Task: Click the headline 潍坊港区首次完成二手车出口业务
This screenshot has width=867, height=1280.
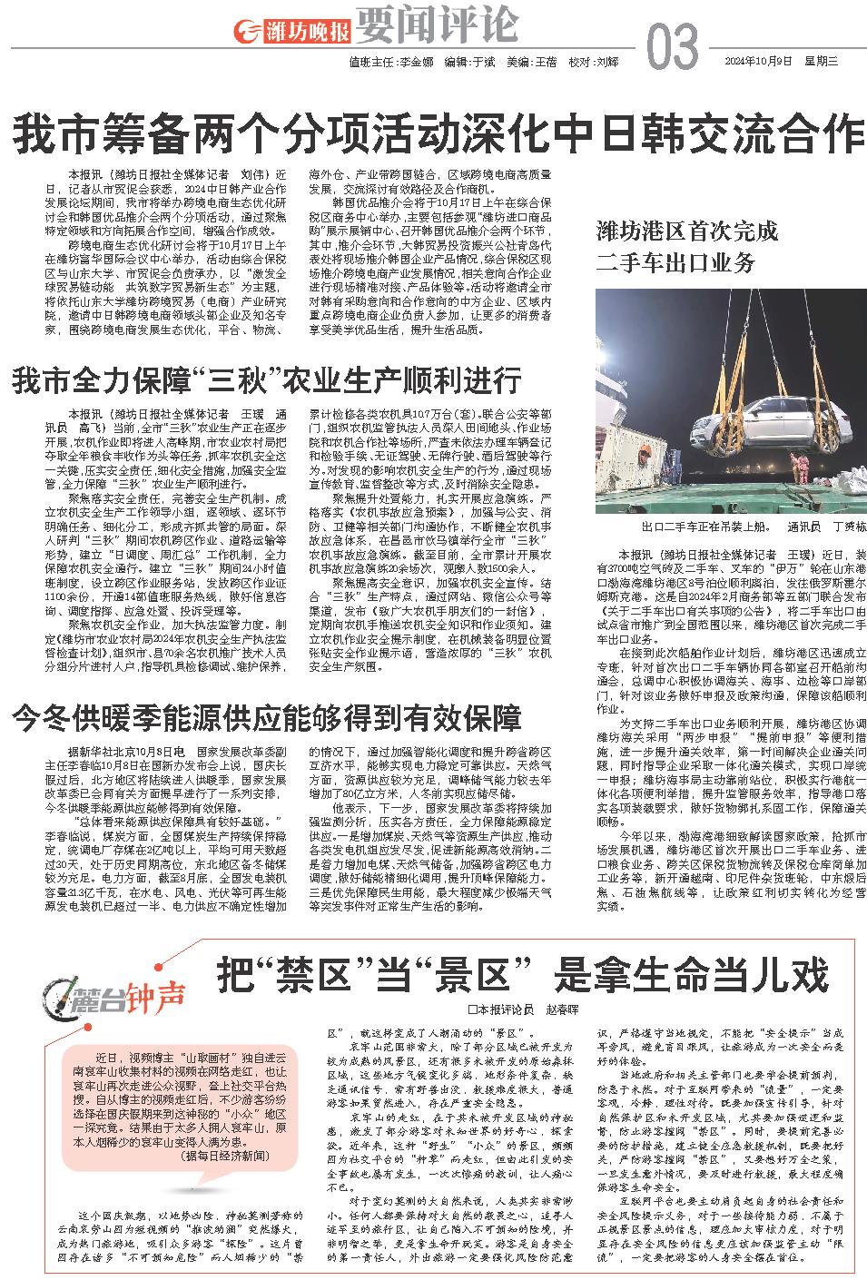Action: click(x=687, y=247)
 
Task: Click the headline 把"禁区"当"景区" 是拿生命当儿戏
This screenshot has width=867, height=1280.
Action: click(x=522, y=976)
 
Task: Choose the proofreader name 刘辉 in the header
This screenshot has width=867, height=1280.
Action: click(x=607, y=63)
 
